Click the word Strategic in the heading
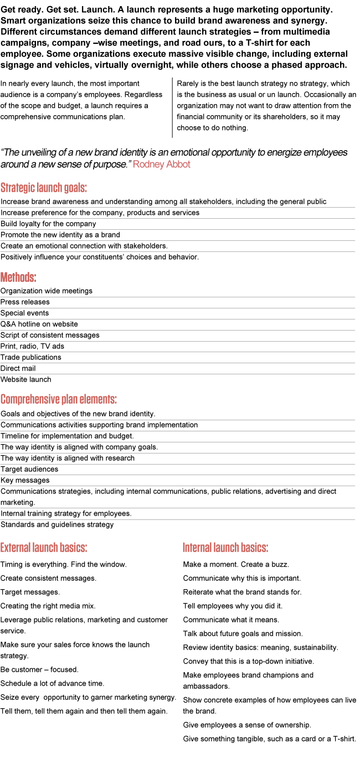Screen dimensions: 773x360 pyautogui.click(x=16, y=188)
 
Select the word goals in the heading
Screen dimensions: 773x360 pyautogui.click(x=76, y=188)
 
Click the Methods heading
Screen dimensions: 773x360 pyautogui.click(x=18, y=277)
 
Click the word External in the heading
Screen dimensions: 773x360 pyautogui.click(x=16, y=548)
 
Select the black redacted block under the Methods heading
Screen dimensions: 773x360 pyautogui.click(x=50, y=334)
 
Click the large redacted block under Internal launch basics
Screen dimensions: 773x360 pyautogui.click(x=269, y=664)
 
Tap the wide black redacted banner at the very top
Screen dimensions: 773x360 pyautogui.click(x=173, y=38)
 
